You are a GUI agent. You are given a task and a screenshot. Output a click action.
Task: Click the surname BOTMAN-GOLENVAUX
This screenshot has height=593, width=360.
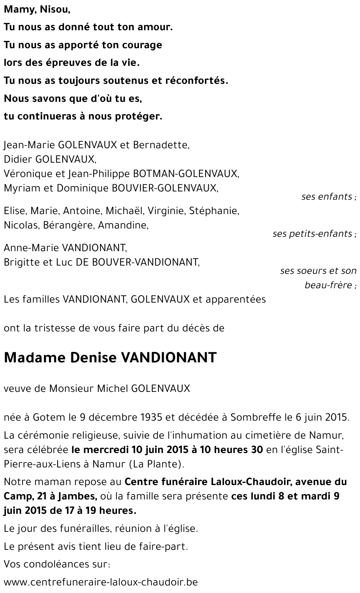pyautogui.click(x=185, y=173)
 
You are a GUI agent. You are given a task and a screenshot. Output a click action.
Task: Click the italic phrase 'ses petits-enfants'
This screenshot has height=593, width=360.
pyautogui.click(x=312, y=234)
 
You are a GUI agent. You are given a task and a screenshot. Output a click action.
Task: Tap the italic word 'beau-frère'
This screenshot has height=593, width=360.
pyautogui.click(x=328, y=285)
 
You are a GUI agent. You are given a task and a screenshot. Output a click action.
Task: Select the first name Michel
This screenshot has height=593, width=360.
pyautogui.click(x=113, y=389)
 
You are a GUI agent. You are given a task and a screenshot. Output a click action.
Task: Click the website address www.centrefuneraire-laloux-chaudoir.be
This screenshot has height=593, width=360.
pyautogui.click(x=101, y=582)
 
